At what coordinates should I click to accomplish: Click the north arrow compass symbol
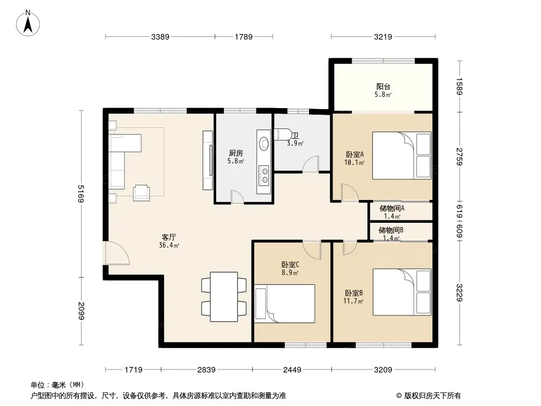[x=28, y=23]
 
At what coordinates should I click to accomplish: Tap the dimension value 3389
[x=160, y=37]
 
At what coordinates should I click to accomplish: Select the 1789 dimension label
[x=244, y=37]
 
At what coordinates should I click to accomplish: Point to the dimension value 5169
[x=81, y=193]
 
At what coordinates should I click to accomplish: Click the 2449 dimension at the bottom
[x=292, y=370]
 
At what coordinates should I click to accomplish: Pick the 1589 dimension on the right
[x=459, y=86]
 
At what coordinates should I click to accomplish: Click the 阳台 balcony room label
[x=383, y=86]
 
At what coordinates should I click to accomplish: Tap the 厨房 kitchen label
[x=236, y=153]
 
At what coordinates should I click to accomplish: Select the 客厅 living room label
[x=168, y=237]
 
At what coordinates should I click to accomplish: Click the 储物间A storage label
[x=392, y=209]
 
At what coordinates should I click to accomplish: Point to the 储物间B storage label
[x=391, y=230]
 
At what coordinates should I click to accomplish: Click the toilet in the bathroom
[x=283, y=134]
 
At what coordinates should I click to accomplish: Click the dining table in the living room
[x=224, y=297]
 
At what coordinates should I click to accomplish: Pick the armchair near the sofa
[x=142, y=193]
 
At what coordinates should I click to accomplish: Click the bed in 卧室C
[x=285, y=303]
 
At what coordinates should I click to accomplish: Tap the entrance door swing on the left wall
[x=117, y=253]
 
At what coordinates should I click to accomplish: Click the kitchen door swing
[x=238, y=197]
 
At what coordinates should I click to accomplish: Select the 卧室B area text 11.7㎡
[x=353, y=301]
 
